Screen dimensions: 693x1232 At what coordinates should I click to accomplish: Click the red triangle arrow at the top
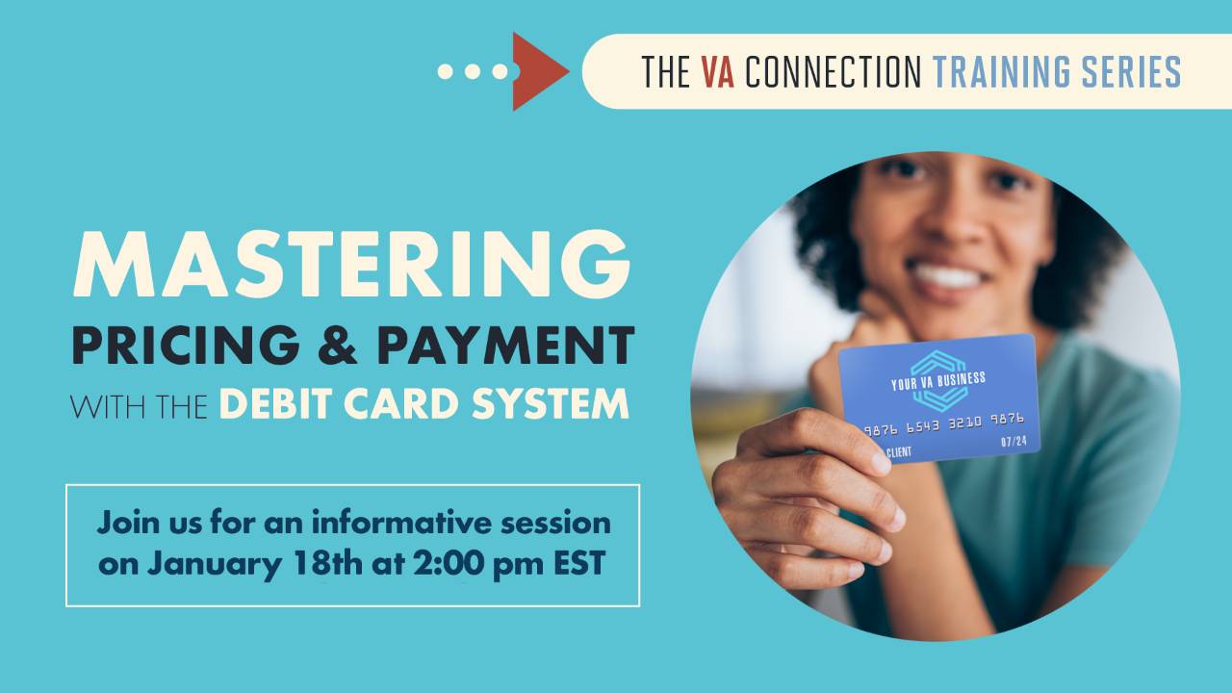(537, 71)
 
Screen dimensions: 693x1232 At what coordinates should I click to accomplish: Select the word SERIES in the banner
(1135, 72)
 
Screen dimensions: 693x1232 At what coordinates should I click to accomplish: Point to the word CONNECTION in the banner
(833, 72)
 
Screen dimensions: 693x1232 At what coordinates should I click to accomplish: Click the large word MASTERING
(351, 264)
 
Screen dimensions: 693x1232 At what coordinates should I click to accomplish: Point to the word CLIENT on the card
(899, 451)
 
